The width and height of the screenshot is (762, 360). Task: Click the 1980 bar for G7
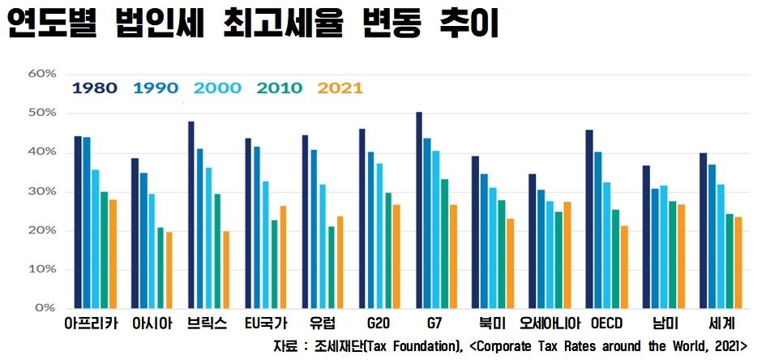419,211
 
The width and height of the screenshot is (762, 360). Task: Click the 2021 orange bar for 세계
738,263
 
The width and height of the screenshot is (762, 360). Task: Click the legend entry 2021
340,88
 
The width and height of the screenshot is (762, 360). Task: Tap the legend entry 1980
94,88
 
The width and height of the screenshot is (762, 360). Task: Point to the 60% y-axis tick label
42,74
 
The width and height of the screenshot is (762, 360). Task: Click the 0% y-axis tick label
45,309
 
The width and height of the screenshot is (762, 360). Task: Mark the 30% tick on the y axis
42,191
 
